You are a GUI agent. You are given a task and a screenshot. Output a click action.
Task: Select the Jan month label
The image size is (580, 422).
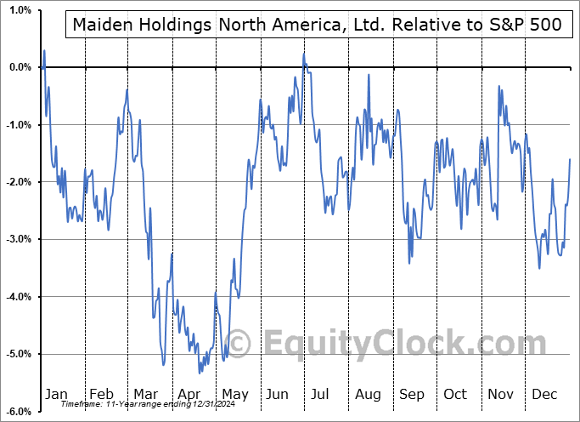coord(56,394)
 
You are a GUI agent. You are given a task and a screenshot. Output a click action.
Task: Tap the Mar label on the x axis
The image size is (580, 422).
coord(145,394)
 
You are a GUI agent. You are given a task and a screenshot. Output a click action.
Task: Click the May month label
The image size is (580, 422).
coord(234,394)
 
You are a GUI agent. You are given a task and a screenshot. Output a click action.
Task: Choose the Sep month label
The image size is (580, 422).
coord(412,394)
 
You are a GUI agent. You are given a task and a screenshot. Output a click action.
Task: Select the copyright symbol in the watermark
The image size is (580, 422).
coord(239,343)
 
